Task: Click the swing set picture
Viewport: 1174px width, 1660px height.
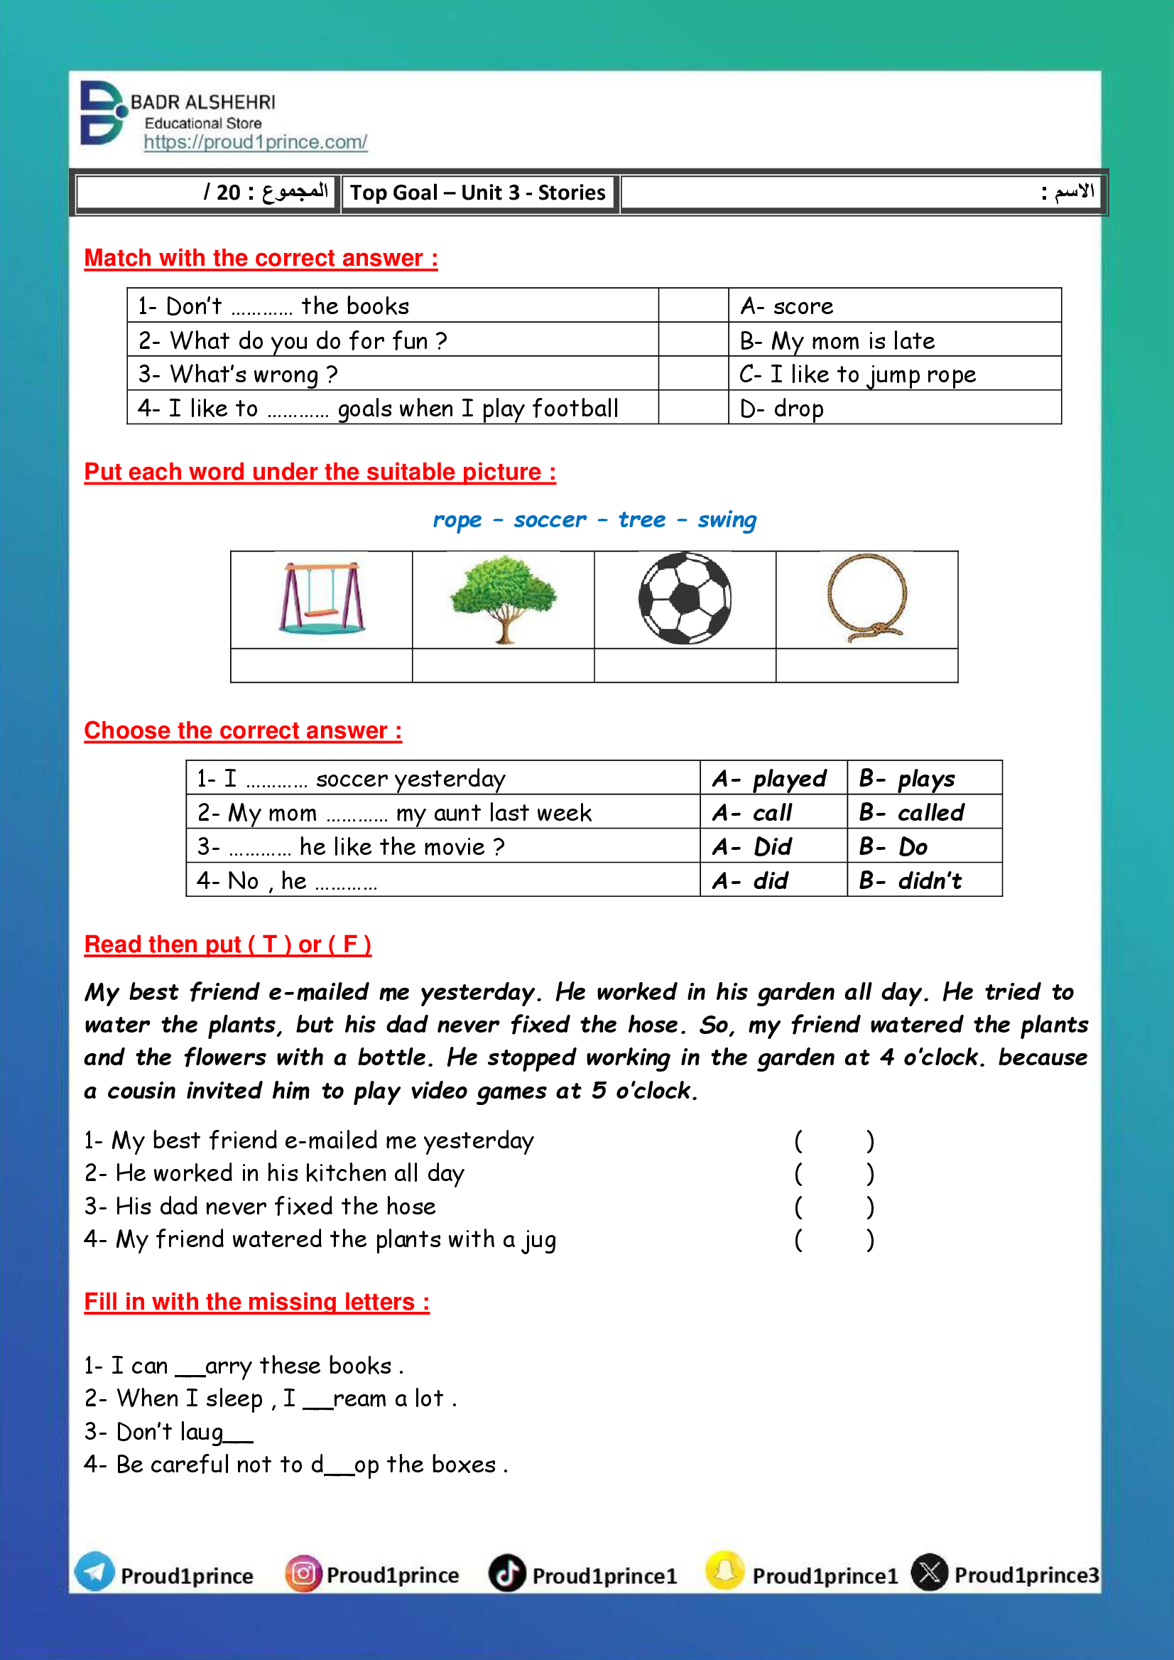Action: tap(322, 599)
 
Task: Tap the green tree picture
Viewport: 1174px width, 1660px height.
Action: tap(503, 598)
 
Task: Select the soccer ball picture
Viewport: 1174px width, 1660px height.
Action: tap(685, 598)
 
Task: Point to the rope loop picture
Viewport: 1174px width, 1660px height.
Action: tap(866, 598)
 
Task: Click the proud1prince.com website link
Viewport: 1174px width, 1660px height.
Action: tap(255, 143)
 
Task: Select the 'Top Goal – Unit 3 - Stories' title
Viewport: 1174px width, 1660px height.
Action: tap(478, 193)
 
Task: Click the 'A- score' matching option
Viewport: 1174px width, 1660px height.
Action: tap(786, 306)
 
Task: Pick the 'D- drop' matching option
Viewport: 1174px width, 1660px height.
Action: tap(781, 409)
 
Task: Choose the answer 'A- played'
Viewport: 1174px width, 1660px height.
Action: tap(769, 778)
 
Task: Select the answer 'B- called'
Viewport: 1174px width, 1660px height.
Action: tap(912, 812)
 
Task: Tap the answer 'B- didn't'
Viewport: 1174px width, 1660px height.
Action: tap(910, 880)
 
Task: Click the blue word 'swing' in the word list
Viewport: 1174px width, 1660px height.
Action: tap(727, 519)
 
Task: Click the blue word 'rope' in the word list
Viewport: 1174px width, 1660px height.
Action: tap(457, 520)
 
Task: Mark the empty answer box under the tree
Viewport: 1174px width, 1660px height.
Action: tap(503, 664)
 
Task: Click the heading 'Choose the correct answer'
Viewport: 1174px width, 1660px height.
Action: tap(243, 731)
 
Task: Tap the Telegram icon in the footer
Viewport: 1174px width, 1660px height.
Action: tap(94, 1572)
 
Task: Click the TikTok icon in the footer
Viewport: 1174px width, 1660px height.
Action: tap(507, 1573)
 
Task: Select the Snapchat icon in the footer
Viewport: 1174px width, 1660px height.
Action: tap(725, 1571)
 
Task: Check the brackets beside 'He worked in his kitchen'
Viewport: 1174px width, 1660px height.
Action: tap(835, 1173)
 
